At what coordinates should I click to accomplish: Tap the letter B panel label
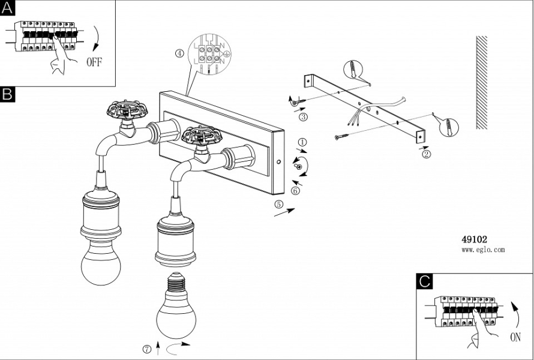8,94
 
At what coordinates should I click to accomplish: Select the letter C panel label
425,281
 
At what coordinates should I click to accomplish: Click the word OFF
95,61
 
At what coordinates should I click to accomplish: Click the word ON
515,337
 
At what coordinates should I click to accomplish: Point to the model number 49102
474,239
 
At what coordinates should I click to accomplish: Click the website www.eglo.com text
483,250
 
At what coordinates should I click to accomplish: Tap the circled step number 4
179,53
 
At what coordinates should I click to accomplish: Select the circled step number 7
146,349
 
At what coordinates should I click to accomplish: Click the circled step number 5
278,204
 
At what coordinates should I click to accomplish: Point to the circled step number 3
304,116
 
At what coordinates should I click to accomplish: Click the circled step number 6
295,191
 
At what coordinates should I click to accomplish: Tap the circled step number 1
302,142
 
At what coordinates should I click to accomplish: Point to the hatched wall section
481,82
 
